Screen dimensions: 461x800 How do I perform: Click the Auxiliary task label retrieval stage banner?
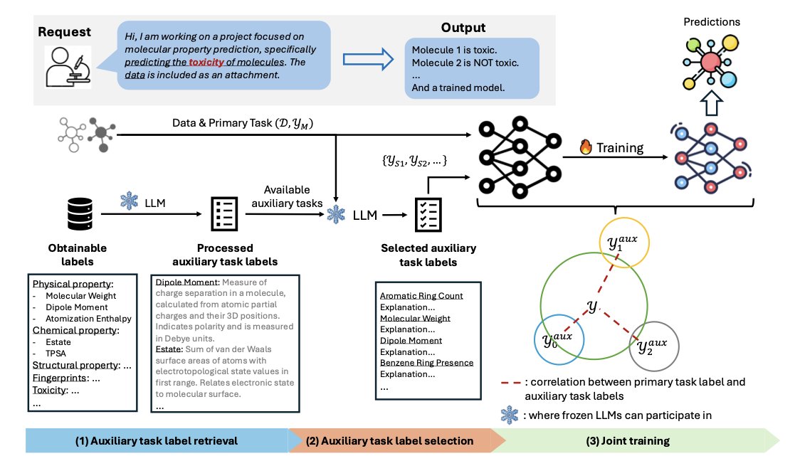[x=157, y=440]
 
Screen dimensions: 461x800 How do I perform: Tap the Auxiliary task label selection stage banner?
[x=389, y=440]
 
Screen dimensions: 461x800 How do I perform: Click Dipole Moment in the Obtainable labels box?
[x=78, y=307]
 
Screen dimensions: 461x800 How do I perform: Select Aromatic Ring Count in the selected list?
[x=421, y=295]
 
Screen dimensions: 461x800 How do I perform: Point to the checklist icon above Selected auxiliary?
[x=426, y=213]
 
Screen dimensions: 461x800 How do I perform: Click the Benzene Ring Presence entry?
[x=426, y=363]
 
